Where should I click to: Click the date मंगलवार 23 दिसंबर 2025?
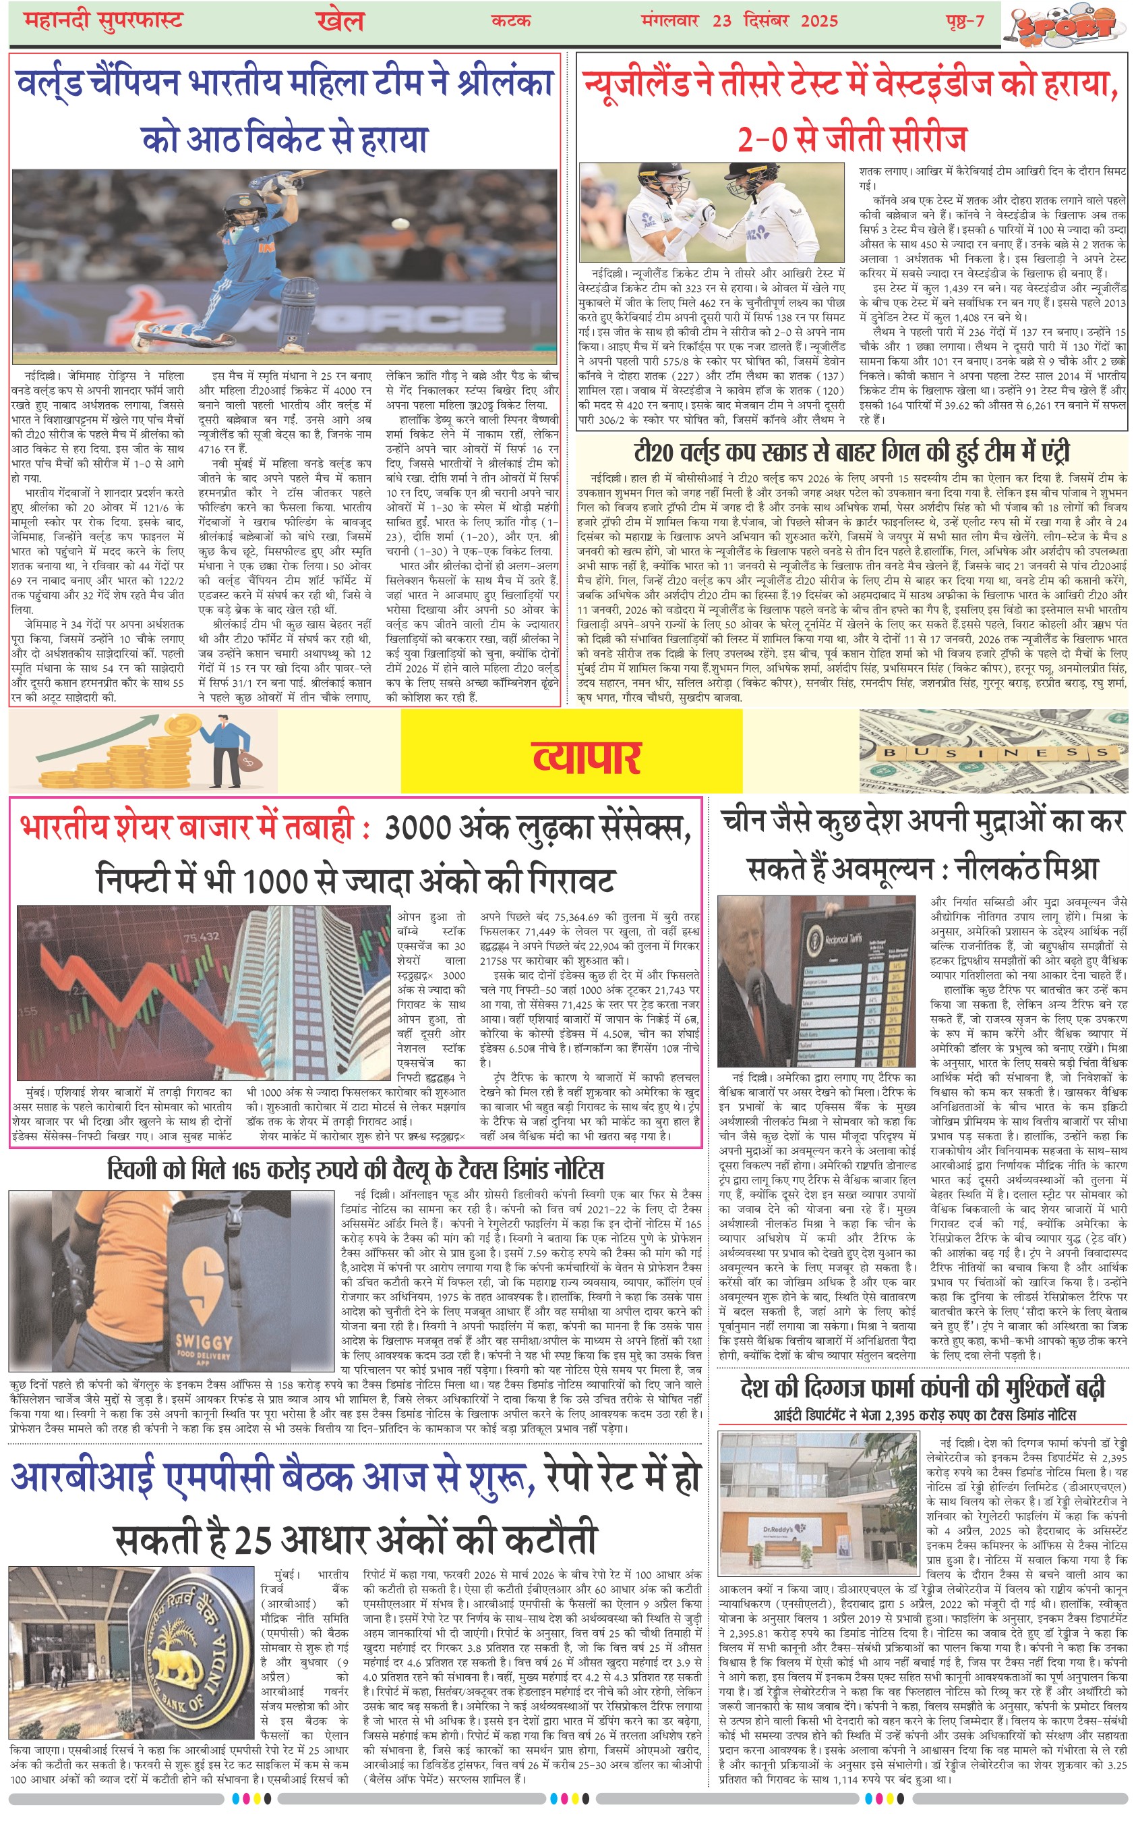[x=739, y=20]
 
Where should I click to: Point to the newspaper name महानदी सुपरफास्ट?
[x=104, y=20]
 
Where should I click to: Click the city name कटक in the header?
[x=510, y=20]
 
